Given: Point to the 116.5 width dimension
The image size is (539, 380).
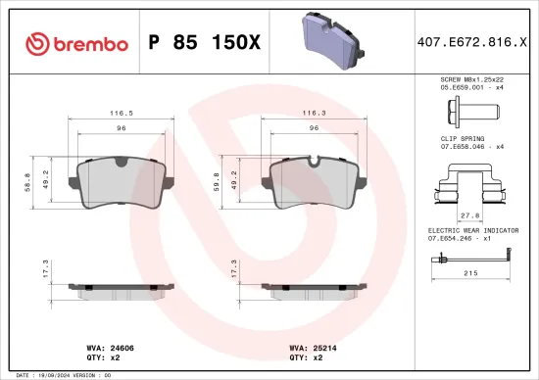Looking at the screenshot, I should [x=122, y=113].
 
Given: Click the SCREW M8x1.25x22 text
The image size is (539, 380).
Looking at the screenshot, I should [x=470, y=77].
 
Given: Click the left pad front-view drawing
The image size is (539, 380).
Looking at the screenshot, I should [x=122, y=182].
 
